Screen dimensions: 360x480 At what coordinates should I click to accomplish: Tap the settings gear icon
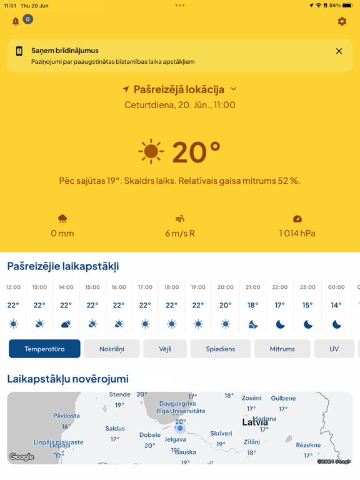(342, 21)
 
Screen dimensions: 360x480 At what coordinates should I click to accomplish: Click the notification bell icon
(16, 21)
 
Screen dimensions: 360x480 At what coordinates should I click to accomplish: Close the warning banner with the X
(339, 51)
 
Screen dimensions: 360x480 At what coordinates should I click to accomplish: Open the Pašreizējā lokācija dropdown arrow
(234, 89)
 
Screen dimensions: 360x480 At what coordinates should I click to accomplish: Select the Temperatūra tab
(44, 349)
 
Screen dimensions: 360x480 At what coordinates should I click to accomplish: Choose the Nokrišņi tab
(112, 349)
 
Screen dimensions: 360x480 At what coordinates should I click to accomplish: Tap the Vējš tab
(165, 349)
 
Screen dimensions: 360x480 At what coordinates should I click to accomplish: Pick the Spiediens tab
(221, 349)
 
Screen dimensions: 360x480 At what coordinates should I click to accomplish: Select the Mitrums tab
(282, 349)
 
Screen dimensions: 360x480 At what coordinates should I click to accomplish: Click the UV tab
(334, 349)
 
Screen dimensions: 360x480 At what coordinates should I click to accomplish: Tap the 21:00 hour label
(252, 287)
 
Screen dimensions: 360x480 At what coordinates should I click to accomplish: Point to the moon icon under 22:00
(280, 324)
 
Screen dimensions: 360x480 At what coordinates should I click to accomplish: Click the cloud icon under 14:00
(66, 324)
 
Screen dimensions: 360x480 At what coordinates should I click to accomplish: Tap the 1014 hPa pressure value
(297, 233)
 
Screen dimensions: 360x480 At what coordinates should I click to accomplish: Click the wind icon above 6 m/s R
(180, 219)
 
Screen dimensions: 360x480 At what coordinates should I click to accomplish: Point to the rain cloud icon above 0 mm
(62, 219)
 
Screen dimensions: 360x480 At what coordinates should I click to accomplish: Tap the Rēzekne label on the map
(308, 445)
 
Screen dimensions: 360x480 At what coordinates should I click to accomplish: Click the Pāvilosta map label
(66, 416)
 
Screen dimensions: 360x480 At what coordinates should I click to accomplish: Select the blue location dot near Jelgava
(180, 428)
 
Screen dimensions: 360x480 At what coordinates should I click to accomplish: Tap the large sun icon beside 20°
(151, 152)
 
